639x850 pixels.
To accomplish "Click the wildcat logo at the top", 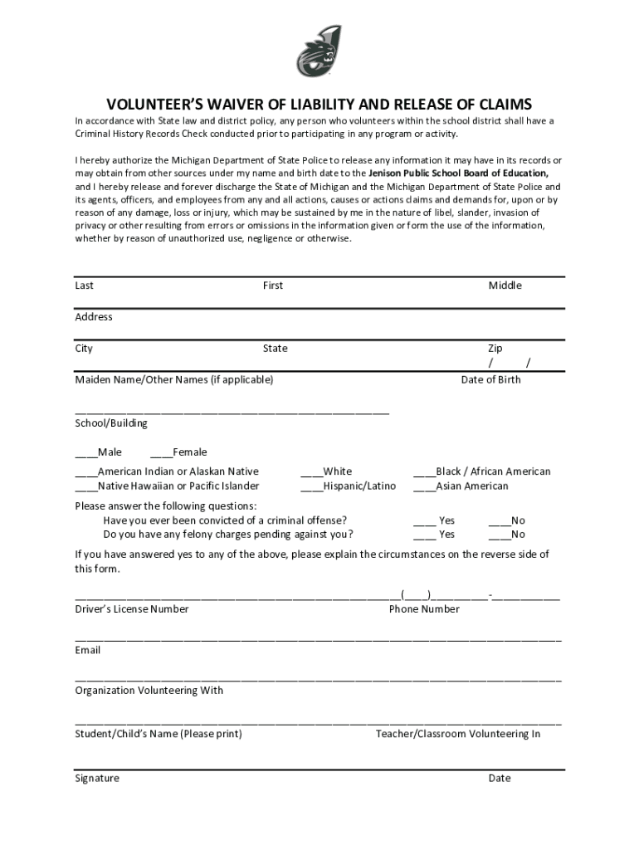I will pyautogui.click(x=319, y=51).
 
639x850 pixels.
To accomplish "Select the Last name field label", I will pyautogui.click(x=85, y=286).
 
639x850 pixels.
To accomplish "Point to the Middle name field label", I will pyautogui.click(x=505, y=286).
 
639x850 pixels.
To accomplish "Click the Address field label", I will pyautogui.click(x=94, y=317).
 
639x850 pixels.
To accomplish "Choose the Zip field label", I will pyautogui.click(x=495, y=349).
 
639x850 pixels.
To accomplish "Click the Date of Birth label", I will pyautogui.click(x=491, y=380).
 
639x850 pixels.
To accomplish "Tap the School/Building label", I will pyautogui.click(x=111, y=423).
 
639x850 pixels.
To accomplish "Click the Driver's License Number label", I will pyautogui.click(x=132, y=609).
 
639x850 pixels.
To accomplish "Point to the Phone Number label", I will pyautogui.click(x=424, y=609).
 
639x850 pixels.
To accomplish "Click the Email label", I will pyautogui.click(x=88, y=651).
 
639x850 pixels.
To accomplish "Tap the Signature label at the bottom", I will pyautogui.click(x=97, y=779).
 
